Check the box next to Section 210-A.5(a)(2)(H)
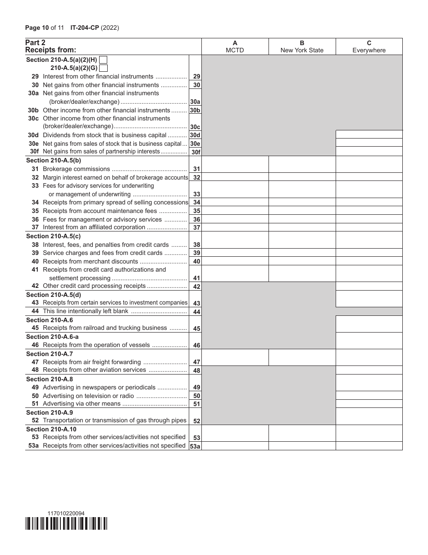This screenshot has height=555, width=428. [103, 60]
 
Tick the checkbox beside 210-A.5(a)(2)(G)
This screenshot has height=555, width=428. [103, 68]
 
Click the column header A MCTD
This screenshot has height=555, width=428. [235, 46]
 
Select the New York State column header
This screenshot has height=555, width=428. [302, 46]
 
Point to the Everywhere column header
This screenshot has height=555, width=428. [369, 46]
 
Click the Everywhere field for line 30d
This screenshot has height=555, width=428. [369, 134]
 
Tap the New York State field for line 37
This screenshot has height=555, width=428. [302, 227]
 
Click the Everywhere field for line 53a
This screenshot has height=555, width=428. [369, 446]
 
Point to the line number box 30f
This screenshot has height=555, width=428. [196, 152]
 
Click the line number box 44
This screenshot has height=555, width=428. [196, 312]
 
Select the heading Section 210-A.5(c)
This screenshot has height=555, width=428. [54, 236]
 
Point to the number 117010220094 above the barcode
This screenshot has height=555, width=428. [66, 513]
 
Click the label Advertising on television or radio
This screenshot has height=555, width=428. [88, 396]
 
